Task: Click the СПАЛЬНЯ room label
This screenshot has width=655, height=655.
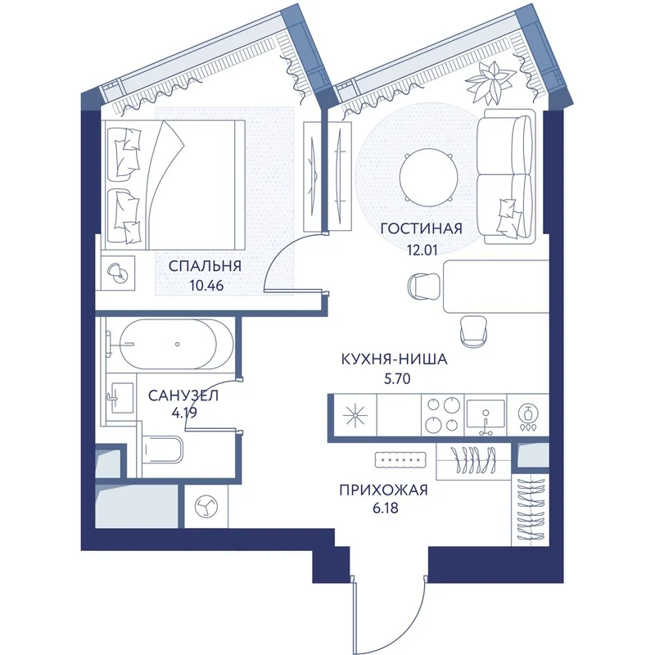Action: point(205,266)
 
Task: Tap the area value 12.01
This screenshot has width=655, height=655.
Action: point(422,250)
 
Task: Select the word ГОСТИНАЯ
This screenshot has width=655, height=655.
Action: point(422,229)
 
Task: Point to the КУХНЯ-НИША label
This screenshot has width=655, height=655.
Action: point(395,359)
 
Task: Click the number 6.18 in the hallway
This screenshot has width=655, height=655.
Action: point(384,508)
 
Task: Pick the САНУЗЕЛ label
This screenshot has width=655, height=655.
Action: point(183,395)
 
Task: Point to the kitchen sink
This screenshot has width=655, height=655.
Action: point(486,415)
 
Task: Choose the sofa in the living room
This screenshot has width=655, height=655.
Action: point(506,177)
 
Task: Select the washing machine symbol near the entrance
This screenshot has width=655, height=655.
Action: point(206,506)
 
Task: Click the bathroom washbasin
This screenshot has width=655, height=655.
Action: point(121,398)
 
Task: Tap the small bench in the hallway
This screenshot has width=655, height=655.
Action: point(400,459)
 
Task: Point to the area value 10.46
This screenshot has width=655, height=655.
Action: point(206,286)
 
